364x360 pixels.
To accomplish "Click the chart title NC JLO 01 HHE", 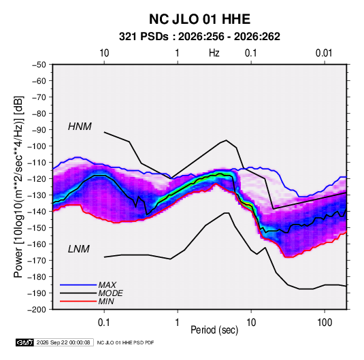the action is (199, 19).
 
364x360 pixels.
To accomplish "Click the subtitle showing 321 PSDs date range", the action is (199, 37).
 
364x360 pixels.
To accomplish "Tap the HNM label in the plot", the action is (80, 127).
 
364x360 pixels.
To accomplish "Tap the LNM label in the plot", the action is (79, 249).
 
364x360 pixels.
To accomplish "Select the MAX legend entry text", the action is (107, 284).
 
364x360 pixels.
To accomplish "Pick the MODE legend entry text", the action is (110, 293).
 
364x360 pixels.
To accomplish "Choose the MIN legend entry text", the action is (106, 301).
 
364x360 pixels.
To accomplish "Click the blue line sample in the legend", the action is (78, 285).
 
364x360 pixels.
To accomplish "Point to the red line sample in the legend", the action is (78, 301).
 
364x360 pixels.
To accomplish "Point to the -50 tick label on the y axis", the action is (39, 65).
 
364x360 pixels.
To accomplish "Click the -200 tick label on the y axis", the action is (37, 310).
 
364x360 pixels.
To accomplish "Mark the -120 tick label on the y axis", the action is (37, 179).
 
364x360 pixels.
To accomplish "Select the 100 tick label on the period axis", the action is (325, 323).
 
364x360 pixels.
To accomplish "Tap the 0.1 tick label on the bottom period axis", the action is (104, 323).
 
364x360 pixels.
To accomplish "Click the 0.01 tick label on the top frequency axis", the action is (324, 53).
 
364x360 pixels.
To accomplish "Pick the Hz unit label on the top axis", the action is (214, 53).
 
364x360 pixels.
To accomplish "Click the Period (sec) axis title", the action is (214, 330).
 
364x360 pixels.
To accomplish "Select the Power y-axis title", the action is (18, 186).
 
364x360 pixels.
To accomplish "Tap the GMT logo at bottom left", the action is (25, 342).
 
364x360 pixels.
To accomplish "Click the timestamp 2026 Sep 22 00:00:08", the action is (63, 342).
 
